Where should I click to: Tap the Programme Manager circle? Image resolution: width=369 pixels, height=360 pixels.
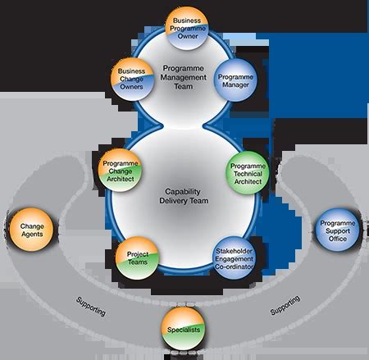(236, 83)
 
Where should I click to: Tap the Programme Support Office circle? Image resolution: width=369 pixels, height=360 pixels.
(338, 228)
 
